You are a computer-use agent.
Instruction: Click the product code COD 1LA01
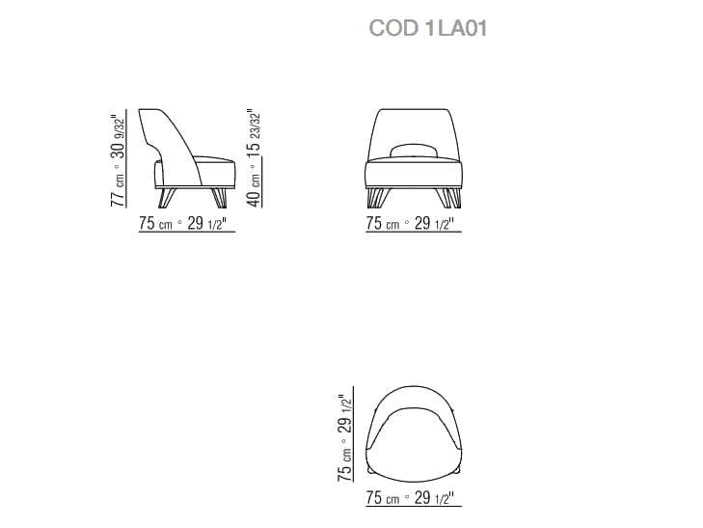[x=428, y=30]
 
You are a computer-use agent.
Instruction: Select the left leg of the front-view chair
[x=376, y=198]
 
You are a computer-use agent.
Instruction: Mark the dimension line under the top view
[x=414, y=509]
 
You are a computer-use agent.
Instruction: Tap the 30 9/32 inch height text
[x=118, y=137]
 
